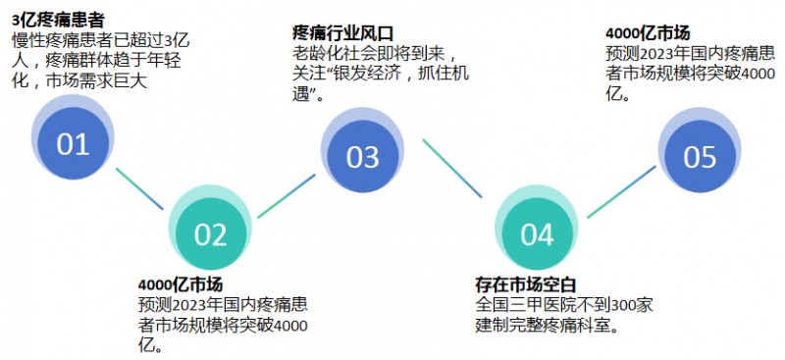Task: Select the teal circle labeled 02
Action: pos(210,234)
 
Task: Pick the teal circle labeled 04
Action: pos(537,233)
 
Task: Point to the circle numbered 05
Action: pos(700,156)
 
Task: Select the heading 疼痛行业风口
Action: pos(340,32)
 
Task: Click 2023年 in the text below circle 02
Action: pos(199,305)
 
